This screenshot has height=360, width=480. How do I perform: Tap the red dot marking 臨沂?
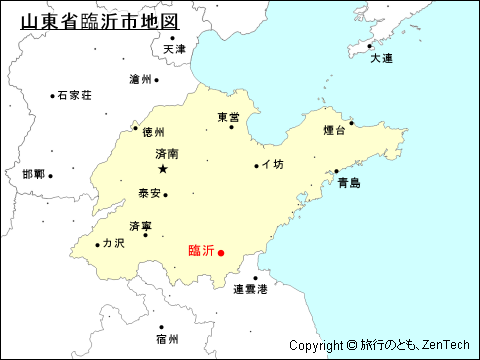221,252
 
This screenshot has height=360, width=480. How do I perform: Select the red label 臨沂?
201,251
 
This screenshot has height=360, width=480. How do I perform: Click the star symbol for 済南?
163,169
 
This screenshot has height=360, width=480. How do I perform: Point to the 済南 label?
167,155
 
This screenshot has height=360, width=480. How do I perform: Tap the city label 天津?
175,49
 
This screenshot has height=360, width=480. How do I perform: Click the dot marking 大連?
369,46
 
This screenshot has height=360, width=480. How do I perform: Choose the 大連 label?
382,59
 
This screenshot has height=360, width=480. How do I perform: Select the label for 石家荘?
75,95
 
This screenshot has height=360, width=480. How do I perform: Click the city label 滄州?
141,79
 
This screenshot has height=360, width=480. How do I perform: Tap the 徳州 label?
153,131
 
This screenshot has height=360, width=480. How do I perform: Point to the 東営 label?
229,117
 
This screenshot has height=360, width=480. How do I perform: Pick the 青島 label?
348,183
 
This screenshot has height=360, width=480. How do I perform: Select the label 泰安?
149,193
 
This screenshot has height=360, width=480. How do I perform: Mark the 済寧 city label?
141,226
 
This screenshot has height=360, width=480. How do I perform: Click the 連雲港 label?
250,290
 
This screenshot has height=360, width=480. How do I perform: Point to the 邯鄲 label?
33,175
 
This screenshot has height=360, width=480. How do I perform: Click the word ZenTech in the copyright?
443,345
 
